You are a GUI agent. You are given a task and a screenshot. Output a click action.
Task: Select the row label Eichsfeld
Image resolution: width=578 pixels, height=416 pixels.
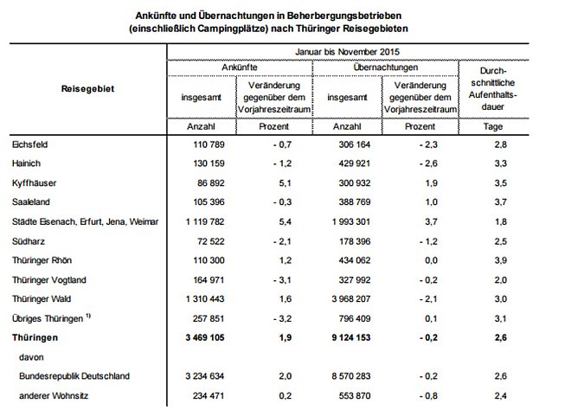pos(30,144)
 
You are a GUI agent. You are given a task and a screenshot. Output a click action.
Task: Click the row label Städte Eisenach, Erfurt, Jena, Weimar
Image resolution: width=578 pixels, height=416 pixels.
pos(85,222)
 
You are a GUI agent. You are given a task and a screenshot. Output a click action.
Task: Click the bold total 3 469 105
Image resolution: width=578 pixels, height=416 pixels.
pos(202,338)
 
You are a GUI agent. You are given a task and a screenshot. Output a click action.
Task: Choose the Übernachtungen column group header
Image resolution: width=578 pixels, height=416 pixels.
pos(387,67)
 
